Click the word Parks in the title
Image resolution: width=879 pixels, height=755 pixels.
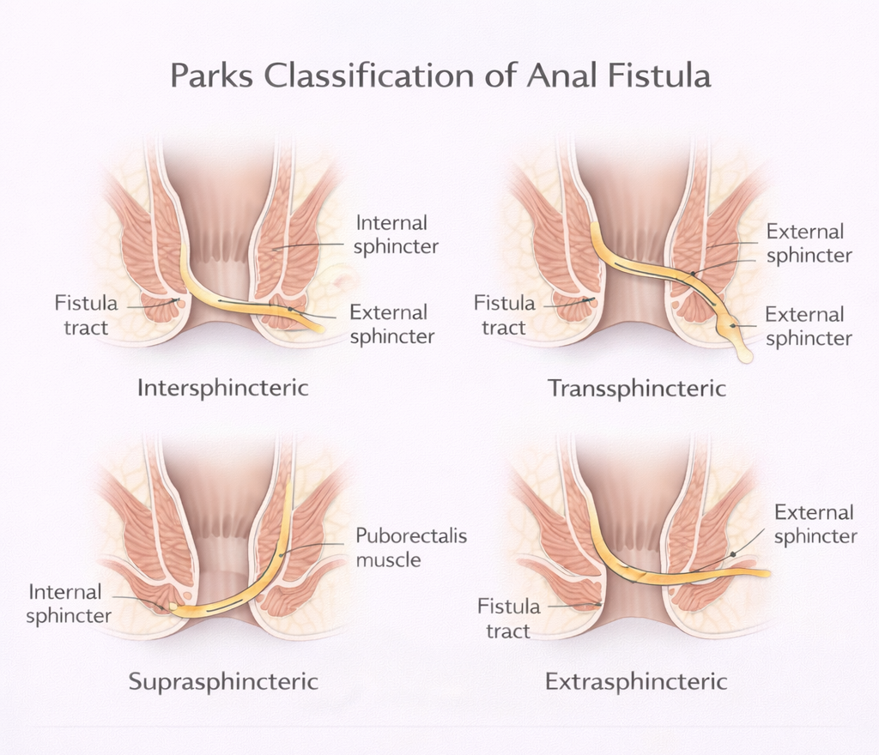(x=212, y=75)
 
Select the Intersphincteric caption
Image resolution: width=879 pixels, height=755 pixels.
(x=223, y=388)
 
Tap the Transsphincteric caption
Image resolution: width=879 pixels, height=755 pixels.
(x=637, y=389)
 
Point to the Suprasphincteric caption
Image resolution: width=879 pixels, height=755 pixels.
(x=223, y=682)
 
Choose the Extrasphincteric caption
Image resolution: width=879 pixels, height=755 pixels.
(x=636, y=682)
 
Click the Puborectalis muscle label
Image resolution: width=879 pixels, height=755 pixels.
(x=412, y=548)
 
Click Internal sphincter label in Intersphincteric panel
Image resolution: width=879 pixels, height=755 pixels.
(x=396, y=235)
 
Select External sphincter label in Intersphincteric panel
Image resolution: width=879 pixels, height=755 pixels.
(x=391, y=324)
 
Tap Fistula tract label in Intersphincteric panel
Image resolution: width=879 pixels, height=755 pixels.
(x=85, y=315)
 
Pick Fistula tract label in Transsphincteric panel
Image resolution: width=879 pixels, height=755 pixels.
(x=504, y=315)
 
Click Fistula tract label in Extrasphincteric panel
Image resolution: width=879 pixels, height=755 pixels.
(x=509, y=619)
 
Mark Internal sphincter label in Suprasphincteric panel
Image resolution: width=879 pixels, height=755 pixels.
(x=69, y=604)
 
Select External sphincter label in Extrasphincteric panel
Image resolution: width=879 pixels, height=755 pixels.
(x=815, y=524)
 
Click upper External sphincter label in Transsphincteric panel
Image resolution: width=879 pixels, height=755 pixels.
(x=808, y=244)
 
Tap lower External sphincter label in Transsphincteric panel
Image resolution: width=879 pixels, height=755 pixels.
(x=808, y=326)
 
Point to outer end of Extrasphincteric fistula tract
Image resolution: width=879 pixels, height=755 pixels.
(x=766, y=573)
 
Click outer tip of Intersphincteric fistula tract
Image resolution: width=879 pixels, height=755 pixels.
(x=318, y=327)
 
